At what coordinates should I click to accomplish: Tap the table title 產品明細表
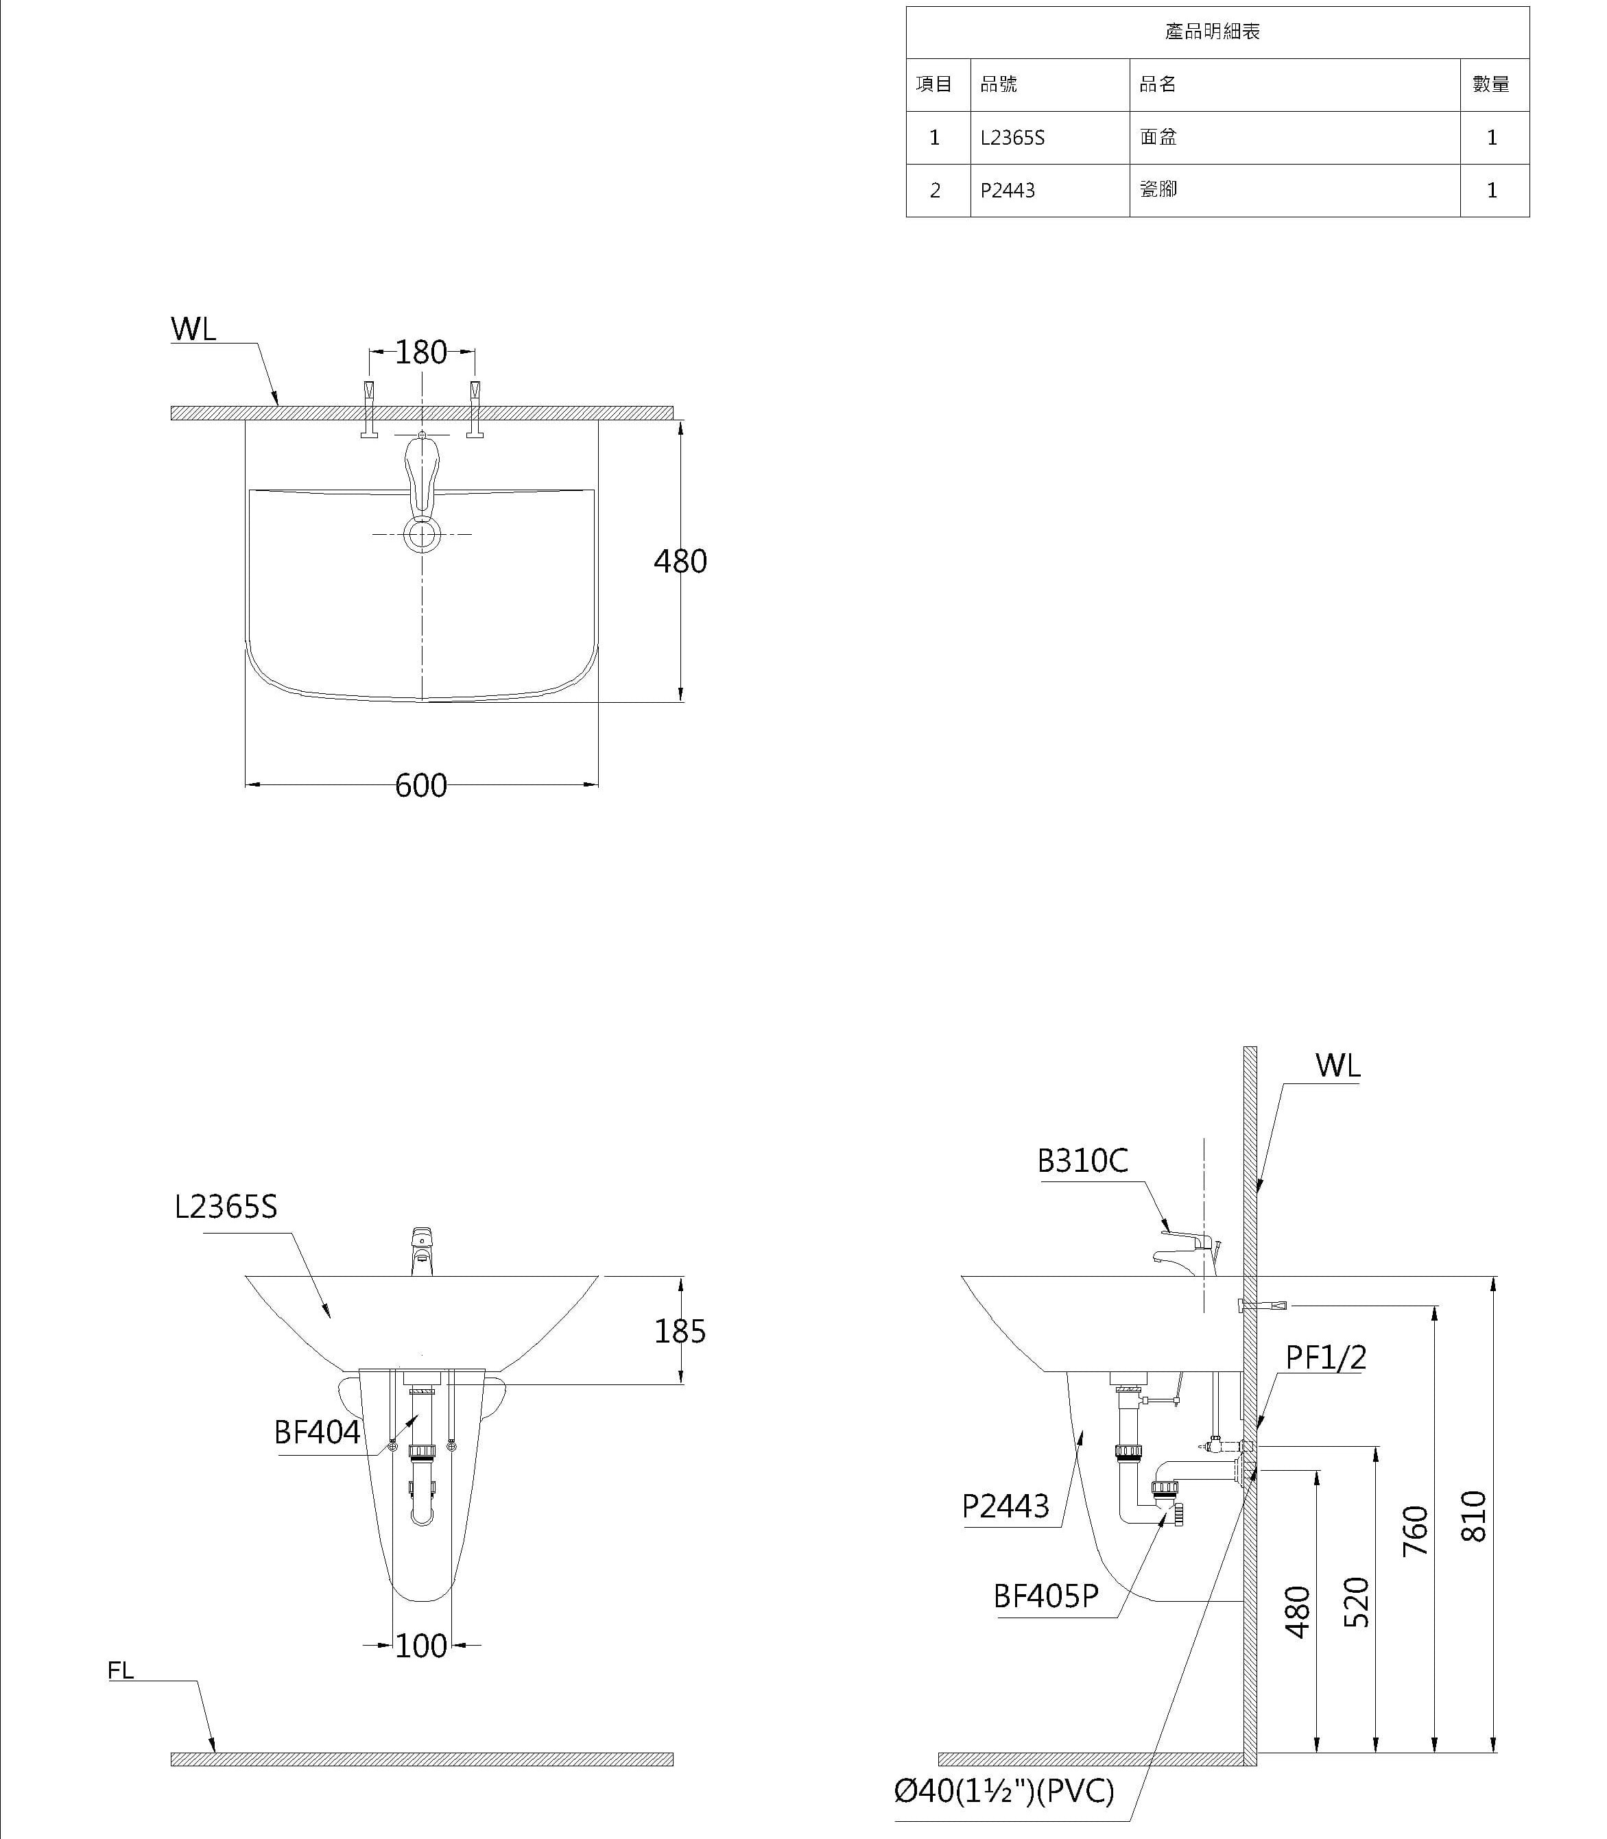click(x=1213, y=32)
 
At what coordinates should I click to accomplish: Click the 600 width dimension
click(x=420, y=786)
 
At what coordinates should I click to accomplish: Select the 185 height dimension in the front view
click(x=680, y=1332)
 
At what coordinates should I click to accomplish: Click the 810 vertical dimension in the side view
click(x=1474, y=1516)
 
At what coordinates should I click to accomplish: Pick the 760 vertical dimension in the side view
click(x=1415, y=1531)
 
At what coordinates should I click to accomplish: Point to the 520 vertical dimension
click(x=1357, y=1602)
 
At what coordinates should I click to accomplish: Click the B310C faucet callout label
click(x=1082, y=1161)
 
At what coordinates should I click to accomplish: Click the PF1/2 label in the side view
click(x=1325, y=1358)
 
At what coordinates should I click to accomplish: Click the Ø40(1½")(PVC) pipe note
click(x=1003, y=1792)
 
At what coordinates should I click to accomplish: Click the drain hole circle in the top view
click(x=422, y=536)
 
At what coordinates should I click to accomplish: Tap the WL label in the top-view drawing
click(x=193, y=329)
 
